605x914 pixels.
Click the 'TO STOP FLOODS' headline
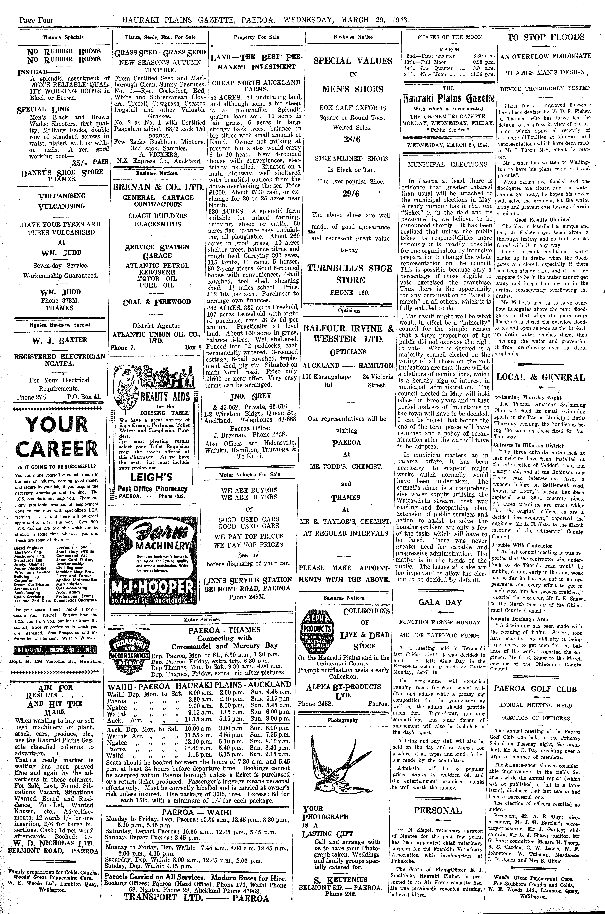[546, 37]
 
